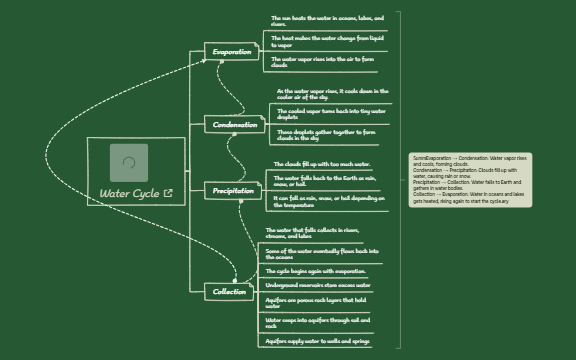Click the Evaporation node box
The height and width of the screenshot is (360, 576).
(x=232, y=51)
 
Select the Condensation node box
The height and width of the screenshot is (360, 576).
(x=236, y=125)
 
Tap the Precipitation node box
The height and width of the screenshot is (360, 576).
(x=233, y=190)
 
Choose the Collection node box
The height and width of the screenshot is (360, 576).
(x=230, y=291)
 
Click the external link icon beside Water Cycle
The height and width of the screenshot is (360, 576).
(x=167, y=193)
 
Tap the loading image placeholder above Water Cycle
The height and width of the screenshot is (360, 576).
(x=129, y=162)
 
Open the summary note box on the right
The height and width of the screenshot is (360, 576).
(x=471, y=179)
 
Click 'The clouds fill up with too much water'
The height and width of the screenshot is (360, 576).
(x=322, y=164)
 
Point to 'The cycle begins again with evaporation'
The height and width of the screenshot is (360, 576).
(x=316, y=271)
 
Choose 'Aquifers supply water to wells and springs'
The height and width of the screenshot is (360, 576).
(x=318, y=341)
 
